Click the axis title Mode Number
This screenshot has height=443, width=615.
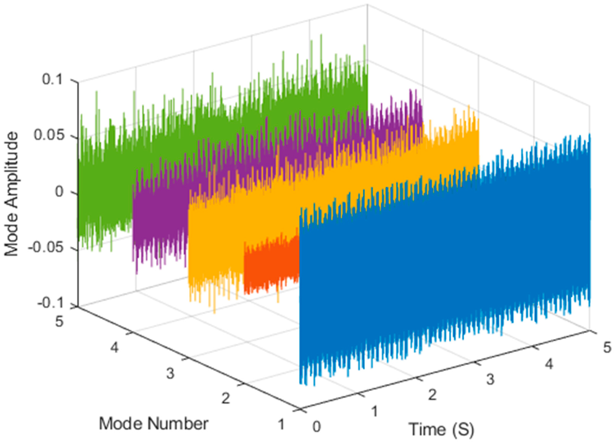pyautogui.click(x=153, y=424)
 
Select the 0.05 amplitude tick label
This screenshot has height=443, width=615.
pyautogui.click(x=47, y=136)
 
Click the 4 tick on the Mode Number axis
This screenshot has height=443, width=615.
pyautogui.click(x=114, y=347)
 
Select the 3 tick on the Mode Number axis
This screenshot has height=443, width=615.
pyautogui.click(x=170, y=374)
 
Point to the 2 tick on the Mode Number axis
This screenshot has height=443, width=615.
pyautogui.click(x=226, y=398)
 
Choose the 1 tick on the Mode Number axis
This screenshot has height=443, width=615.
pyautogui.click(x=281, y=424)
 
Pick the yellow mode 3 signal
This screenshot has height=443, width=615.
pyautogui.click(x=217, y=244)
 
